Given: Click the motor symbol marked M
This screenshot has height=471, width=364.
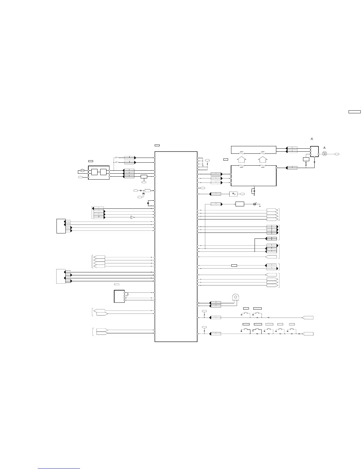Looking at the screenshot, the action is (83, 171).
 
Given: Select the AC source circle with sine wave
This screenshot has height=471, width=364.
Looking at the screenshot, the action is (324, 154).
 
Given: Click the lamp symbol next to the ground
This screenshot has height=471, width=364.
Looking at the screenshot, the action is (255, 204).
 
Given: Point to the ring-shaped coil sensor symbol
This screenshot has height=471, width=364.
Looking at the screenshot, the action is (236, 297).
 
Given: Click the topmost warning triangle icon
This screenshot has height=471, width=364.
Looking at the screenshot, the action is (312, 139).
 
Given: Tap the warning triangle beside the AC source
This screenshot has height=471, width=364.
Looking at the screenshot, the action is (324, 147).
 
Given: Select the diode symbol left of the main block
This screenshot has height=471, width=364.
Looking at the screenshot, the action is (143, 194).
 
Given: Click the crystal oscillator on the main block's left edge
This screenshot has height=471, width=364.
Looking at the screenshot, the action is (148, 203).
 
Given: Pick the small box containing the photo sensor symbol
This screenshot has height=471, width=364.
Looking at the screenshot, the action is (233, 194).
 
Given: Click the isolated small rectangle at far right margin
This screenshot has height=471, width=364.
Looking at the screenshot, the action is (354, 112).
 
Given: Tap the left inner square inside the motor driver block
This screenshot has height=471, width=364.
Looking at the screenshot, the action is (95, 172).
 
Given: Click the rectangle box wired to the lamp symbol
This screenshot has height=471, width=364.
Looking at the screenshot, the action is (239, 204).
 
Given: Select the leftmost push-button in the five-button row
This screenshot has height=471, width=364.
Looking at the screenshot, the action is (246, 330).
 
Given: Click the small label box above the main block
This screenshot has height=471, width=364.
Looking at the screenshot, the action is (157, 145).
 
